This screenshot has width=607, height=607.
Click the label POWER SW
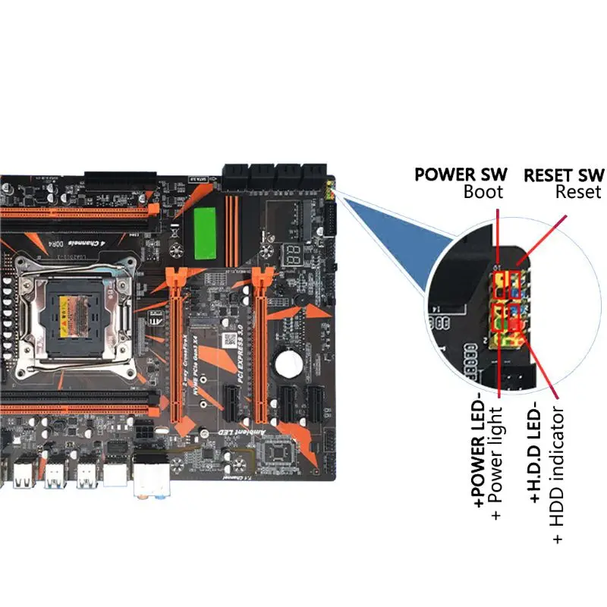(x=461, y=175)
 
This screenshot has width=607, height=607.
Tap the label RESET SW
(x=565, y=175)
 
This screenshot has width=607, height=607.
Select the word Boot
(x=483, y=193)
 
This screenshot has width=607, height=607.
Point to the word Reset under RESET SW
(x=578, y=193)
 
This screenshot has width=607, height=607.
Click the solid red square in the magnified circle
(x=518, y=324)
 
